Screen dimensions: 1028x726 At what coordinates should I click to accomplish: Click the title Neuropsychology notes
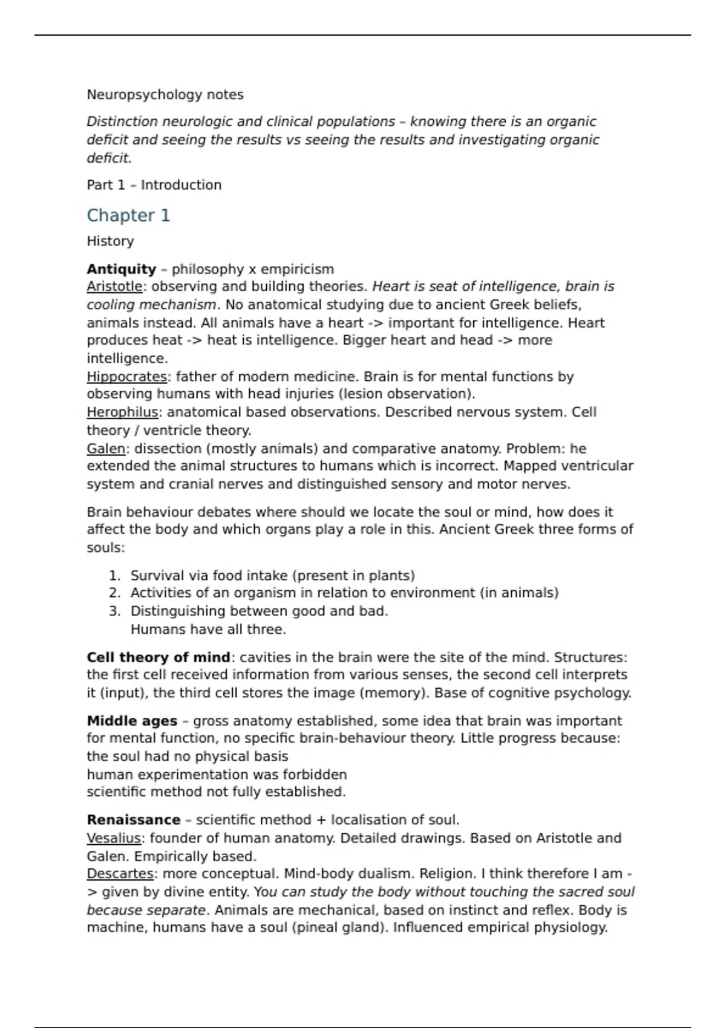(165, 95)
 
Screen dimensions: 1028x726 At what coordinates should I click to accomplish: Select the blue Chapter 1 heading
(128, 215)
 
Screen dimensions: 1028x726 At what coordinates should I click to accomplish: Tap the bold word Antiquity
(121, 269)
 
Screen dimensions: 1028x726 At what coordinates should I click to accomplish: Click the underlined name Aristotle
(114, 287)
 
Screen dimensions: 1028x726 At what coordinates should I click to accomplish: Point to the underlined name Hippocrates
(126, 377)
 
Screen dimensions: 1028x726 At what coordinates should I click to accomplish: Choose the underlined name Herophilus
(122, 412)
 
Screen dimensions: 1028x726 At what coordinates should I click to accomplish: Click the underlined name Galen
(106, 449)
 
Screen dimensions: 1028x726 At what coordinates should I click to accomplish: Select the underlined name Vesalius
(114, 838)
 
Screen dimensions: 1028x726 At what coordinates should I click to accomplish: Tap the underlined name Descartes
(120, 874)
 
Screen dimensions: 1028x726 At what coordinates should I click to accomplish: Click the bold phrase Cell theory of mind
(158, 657)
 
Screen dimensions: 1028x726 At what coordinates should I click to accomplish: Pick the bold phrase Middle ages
(132, 721)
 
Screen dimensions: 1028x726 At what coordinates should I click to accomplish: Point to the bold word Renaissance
(133, 820)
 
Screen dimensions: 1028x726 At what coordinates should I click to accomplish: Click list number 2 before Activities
(114, 593)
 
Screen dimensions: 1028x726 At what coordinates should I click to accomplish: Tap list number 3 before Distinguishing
(114, 611)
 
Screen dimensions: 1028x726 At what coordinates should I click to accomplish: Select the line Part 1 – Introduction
(154, 185)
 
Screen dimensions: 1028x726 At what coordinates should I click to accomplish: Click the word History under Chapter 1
(110, 241)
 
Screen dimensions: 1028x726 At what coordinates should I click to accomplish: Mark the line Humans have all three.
(208, 629)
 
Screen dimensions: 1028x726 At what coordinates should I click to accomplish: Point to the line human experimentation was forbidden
(217, 775)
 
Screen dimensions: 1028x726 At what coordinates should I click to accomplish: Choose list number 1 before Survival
(114, 576)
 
